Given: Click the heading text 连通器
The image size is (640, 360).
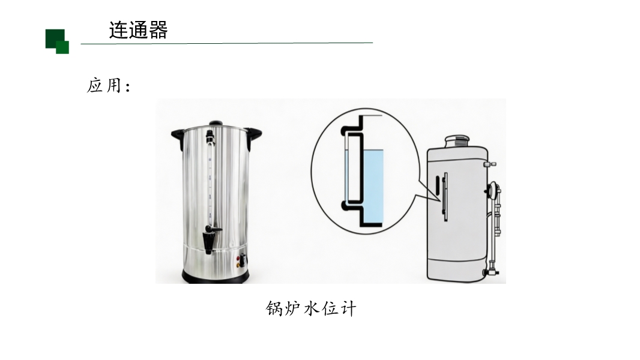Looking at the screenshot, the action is pos(138,30).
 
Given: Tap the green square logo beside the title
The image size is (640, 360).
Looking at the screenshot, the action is pos(57,41).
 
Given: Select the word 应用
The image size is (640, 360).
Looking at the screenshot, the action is pos(104,86).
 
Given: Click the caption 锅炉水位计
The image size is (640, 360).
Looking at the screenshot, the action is pos(311,308).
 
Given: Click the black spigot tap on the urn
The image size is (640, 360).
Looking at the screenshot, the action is pos(211,239).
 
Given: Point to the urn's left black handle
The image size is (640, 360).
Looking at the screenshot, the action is pos(178,137).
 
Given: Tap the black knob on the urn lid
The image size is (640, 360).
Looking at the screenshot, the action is pos(216,123).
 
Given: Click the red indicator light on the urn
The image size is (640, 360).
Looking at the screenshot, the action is pos(238,258).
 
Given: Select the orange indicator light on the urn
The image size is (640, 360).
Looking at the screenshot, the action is pos(238,265).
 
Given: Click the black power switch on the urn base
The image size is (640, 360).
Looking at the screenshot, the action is pos(244,260).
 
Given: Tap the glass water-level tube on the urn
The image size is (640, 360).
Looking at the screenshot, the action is pos(210,179).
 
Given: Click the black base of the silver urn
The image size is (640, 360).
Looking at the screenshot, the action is pos(216,278).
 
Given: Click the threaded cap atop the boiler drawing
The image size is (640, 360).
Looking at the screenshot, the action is pos(457,142).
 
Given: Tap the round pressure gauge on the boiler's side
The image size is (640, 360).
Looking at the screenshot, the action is pos(492,189).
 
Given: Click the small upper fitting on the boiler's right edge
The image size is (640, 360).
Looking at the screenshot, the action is pos(490,164).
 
